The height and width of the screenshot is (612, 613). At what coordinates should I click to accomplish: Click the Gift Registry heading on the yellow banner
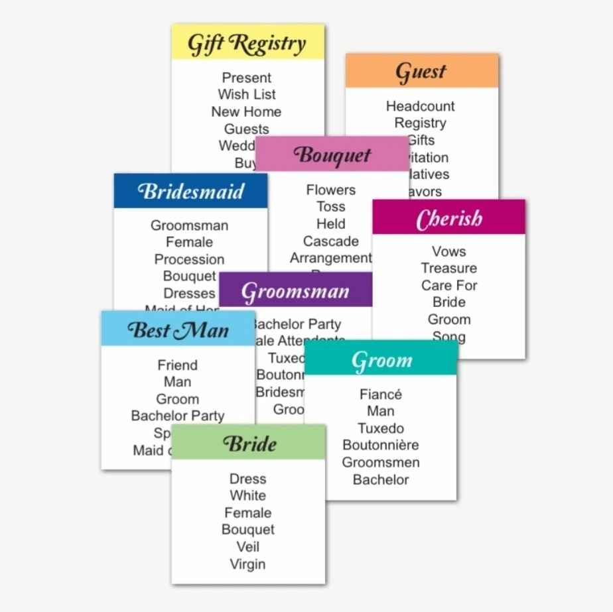[x=247, y=44]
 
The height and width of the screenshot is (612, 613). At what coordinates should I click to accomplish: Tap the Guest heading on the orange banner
[x=421, y=72]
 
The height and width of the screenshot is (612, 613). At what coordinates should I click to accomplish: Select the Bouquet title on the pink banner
[x=332, y=155]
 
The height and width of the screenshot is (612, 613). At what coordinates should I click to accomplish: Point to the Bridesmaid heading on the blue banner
[x=190, y=192]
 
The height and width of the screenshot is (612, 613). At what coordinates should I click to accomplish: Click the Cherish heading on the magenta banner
[x=449, y=219]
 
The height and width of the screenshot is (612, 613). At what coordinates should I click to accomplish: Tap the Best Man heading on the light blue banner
[x=177, y=330]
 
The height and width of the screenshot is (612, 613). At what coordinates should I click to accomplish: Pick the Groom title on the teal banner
[x=381, y=361]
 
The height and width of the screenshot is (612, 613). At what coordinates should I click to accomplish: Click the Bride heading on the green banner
[x=249, y=444]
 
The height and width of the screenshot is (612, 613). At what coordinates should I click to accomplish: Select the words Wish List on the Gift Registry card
[x=247, y=95]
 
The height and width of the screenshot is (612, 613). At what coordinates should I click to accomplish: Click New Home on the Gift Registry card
[x=246, y=112]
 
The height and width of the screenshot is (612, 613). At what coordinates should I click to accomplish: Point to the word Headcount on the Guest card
[x=421, y=106]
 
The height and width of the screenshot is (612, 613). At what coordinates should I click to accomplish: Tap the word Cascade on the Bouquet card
[x=331, y=241]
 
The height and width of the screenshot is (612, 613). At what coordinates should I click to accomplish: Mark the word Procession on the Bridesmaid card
[x=189, y=259]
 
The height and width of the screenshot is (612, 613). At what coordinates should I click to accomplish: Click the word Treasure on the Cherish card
[x=449, y=269]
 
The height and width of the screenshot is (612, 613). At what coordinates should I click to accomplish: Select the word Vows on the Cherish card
[x=449, y=251]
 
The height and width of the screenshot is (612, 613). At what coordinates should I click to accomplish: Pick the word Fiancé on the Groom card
[x=381, y=395]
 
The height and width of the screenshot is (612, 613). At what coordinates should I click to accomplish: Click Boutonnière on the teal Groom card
[x=381, y=445]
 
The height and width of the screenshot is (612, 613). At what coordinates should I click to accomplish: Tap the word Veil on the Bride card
[x=247, y=547]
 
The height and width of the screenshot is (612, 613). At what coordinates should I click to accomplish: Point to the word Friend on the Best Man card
[x=177, y=365]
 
